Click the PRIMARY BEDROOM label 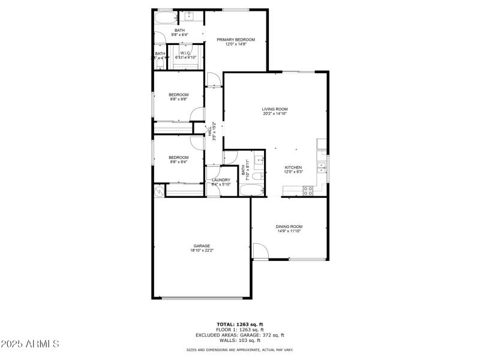(236, 40)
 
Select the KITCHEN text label (293, 167)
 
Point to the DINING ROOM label (289, 226)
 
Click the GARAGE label (201, 245)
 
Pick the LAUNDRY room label (221, 180)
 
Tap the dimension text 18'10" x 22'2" (201, 250)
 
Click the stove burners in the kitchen (307, 191)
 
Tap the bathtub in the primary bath (163, 19)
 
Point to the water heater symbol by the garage (158, 190)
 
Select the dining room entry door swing (259, 251)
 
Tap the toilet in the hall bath (256, 178)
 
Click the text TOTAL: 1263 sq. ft (240, 325)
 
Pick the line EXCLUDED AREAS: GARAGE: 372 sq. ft (240, 335)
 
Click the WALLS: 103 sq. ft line (240, 340)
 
